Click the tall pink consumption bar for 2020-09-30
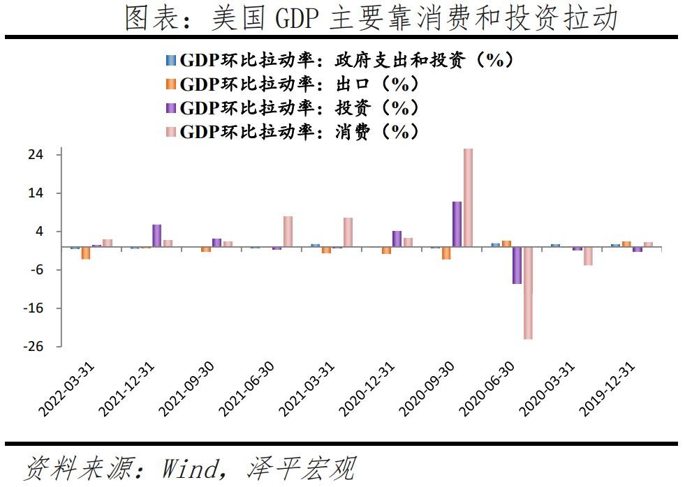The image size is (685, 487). (468, 198)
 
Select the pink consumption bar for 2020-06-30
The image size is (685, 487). (528, 293)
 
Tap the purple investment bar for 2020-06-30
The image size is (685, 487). (517, 265)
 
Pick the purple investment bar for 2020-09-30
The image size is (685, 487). (457, 224)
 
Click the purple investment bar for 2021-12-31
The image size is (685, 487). (157, 236)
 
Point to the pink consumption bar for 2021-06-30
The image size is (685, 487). (288, 232)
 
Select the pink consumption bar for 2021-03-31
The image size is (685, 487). (348, 232)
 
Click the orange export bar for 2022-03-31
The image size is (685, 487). (86, 253)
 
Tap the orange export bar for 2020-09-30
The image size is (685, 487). (446, 253)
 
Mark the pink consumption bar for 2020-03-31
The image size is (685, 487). (588, 256)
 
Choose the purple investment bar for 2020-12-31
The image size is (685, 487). (397, 239)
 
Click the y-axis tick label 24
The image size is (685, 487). (36, 155)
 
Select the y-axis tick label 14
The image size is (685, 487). (36, 193)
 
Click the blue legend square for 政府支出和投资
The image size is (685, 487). (171, 61)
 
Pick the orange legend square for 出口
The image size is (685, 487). (171, 84)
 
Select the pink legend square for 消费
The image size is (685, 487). (171, 131)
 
